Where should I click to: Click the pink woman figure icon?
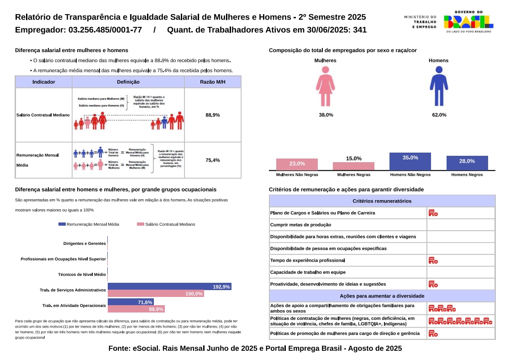325,86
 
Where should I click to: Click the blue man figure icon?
439,86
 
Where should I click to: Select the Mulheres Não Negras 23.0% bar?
297,164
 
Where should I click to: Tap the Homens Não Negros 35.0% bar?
410,161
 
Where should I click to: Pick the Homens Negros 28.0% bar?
467,163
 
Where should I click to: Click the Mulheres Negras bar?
353,166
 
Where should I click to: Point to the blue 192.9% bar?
169,287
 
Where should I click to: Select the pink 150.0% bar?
156,294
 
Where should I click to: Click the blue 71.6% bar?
131,302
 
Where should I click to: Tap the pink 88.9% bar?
136,309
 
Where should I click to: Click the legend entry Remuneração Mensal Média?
89,224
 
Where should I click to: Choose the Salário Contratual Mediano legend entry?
166,224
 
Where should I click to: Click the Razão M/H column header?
213,82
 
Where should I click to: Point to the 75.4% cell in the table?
213,160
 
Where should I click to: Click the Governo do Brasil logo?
468,22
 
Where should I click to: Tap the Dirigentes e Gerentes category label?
84,244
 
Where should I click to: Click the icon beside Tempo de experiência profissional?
433,261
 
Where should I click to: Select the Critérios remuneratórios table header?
382,201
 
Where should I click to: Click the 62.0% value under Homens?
439,115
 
